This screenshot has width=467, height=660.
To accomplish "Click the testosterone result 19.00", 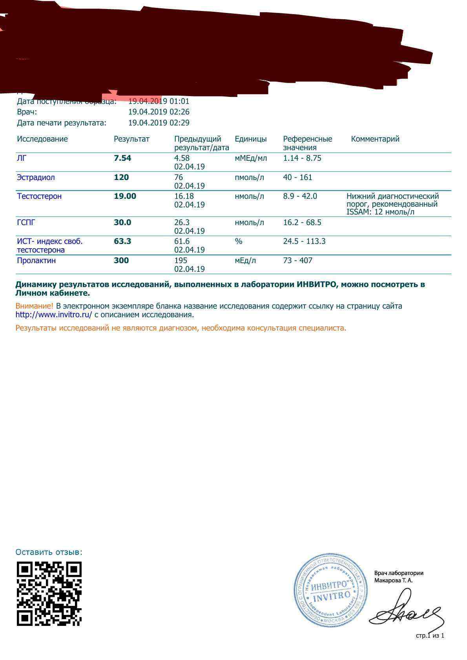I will click(125, 196).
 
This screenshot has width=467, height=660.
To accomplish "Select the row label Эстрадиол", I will click(36, 177).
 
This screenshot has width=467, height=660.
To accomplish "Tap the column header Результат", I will click(131, 139).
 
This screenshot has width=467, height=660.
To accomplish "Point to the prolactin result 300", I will click(121, 260).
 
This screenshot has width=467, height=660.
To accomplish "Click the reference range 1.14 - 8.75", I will click(302, 158).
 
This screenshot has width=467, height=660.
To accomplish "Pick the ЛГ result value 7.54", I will click(122, 158).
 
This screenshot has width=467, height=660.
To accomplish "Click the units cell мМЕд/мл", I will click(250, 158).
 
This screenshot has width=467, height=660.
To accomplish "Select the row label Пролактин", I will click(36, 260).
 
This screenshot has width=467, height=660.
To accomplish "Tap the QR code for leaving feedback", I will click(49, 593).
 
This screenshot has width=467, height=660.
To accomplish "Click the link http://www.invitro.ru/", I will click(54, 315).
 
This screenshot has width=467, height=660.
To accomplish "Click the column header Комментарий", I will click(375, 139).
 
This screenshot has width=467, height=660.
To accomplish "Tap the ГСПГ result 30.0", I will click(122, 222).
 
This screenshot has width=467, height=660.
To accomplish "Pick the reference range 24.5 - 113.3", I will click(304, 241).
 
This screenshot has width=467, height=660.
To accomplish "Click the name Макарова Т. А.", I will click(393, 580).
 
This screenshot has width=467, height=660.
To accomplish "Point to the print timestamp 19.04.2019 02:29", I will click(159, 123).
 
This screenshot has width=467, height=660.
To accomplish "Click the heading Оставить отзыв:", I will click(49, 552).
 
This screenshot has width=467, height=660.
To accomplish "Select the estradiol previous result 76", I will click(179, 177).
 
